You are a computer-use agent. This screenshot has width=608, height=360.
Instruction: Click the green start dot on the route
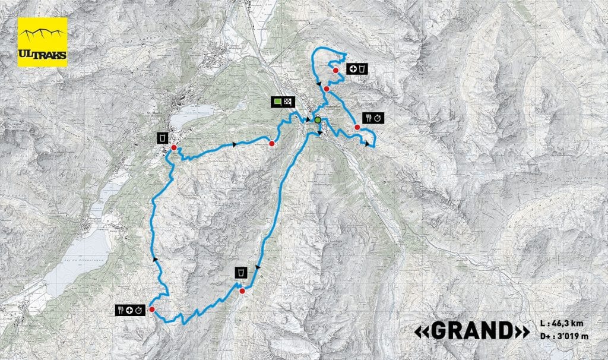coord(318,120)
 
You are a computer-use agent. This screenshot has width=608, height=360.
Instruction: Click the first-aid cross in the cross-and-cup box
coord(354,70)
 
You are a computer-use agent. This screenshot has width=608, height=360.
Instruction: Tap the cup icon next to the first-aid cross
coord(363,70)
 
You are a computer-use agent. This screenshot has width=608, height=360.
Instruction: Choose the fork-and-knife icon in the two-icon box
coord(369,118)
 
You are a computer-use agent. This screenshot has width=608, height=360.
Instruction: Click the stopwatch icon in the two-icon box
coord(378,118)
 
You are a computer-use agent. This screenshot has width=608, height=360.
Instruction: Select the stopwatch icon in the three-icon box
coord(138,310)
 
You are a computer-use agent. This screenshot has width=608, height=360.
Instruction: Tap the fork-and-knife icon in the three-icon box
coord(120,310)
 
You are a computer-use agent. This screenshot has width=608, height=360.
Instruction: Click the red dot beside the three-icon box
coord(152,310)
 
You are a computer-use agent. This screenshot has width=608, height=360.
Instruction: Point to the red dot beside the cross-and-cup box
coord(335,71)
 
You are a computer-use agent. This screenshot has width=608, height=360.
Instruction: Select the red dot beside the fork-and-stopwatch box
coord(357,127)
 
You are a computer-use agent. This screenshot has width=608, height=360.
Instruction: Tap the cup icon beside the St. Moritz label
coord(161,139)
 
